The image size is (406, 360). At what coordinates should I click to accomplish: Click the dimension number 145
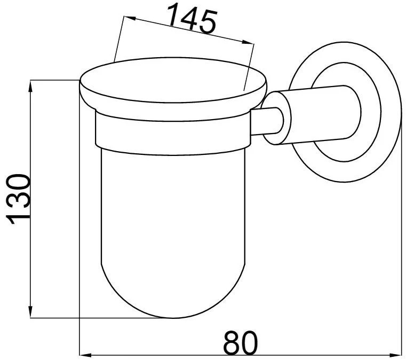click(x=192, y=19)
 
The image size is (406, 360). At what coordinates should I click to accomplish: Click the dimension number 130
click(x=18, y=199)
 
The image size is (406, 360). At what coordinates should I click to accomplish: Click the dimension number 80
click(x=241, y=342)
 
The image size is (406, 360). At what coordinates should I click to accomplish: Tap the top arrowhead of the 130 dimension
click(x=30, y=87)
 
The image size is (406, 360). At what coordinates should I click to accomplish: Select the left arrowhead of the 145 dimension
click(x=130, y=18)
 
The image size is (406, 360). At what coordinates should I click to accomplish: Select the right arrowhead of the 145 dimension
click(x=248, y=43)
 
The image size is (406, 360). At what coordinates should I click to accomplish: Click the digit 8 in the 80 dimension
click(x=232, y=342)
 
